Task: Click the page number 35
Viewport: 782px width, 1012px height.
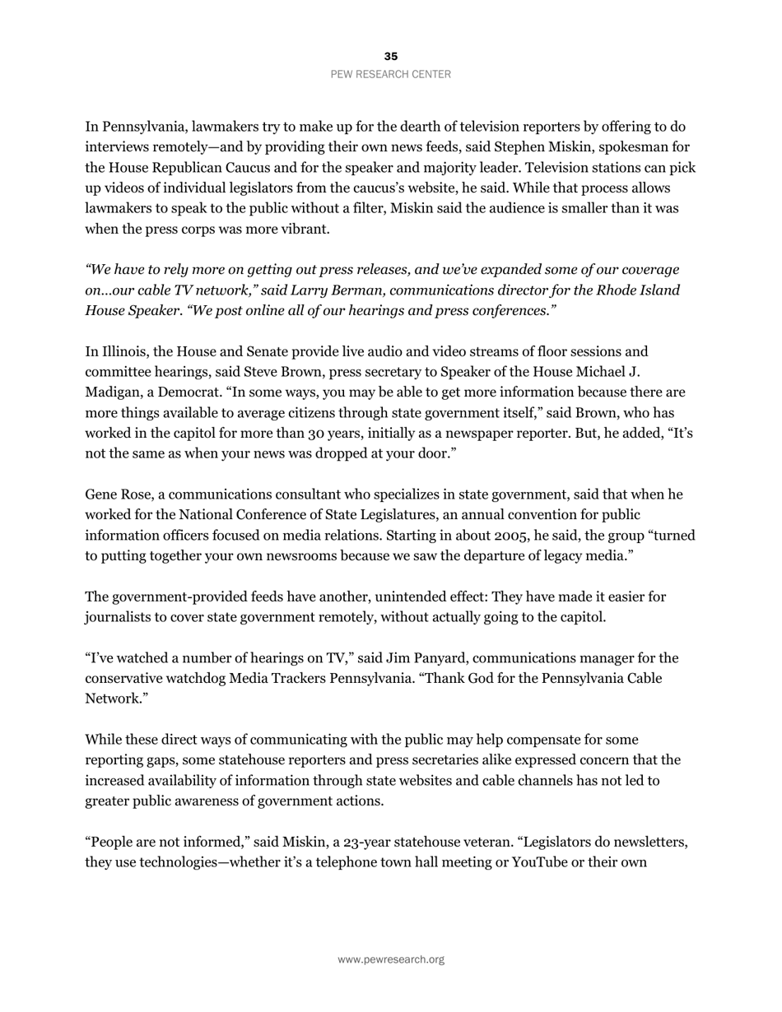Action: click(x=391, y=57)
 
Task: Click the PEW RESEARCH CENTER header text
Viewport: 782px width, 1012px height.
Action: click(x=391, y=74)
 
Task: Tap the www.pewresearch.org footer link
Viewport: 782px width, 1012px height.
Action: click(x=391, y=959)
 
